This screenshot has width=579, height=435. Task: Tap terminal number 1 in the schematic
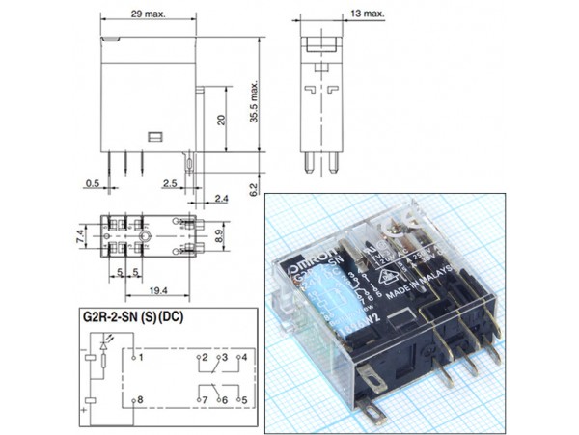pyautogui.click(x=141, y=357)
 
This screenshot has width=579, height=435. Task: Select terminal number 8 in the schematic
pyautogui.click(x=141, y=398)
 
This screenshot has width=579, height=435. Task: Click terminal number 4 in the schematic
pyautogui.click(x=245, y=357)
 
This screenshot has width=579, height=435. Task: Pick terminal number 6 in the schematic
pyautogui.click(x=223, y=398)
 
